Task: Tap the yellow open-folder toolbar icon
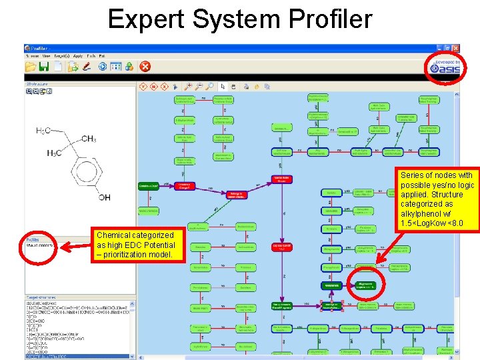click(31, 66)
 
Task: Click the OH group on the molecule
click(104, 197)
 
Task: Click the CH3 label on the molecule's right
click(89, 139)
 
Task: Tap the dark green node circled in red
click(364, 285)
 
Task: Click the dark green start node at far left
click(148, 185)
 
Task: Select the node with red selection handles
click(331, 305)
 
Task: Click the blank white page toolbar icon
click(58, 66)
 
